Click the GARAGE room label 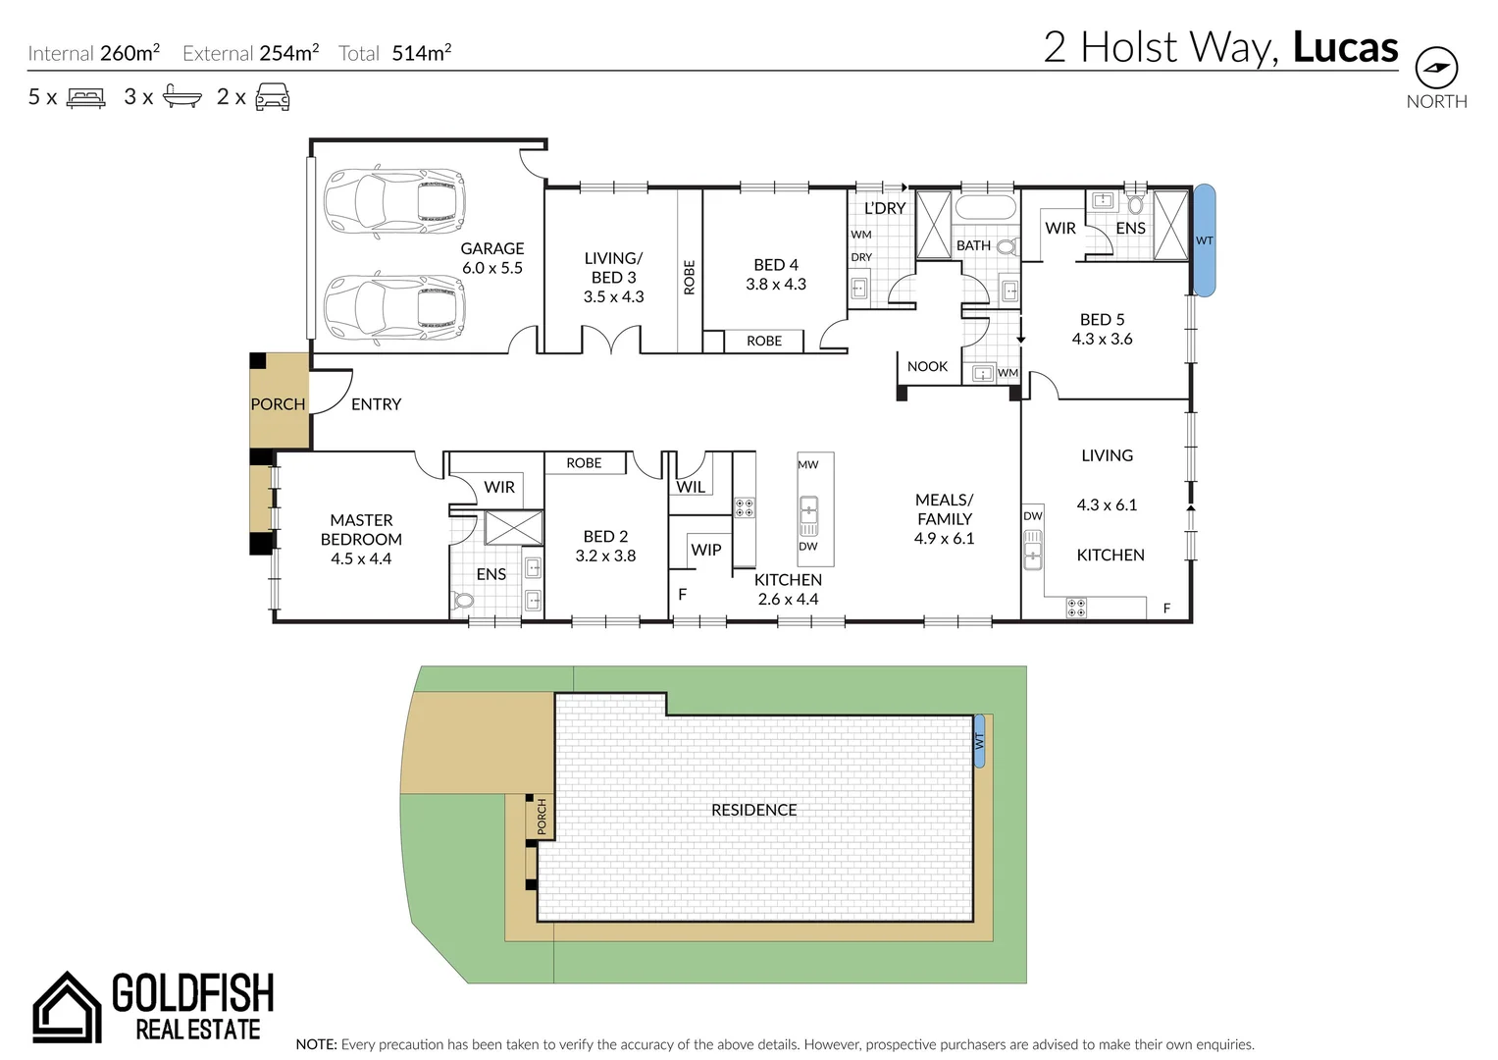tap(492, 249)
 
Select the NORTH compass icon tap(1436, 69)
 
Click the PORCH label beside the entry tap(278, 404)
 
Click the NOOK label tap(927, 367)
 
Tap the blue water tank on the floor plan tap(1204, 240)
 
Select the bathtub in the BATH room tap(985, 208)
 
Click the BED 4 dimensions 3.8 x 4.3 tap(776, 285)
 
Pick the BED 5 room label tap(1102, 320)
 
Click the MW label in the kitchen tap(807, 465)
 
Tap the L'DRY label tap(885, 209)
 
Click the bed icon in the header tap(85, 97)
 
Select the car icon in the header tap(273, 97)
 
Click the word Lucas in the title tap(1345, 48)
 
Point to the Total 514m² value tap(422, 53)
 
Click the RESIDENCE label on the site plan tap(753, 810)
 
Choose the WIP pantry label tap(706, 550)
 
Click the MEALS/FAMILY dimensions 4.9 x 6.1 tap(944, 539)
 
